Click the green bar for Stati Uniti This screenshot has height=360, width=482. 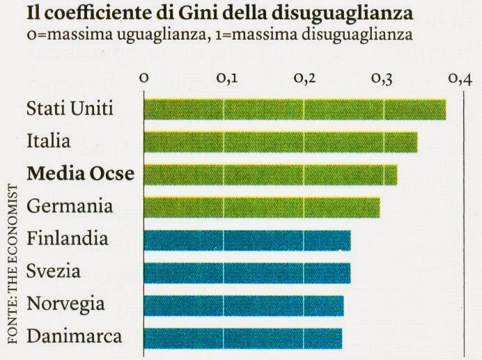coord(295,109)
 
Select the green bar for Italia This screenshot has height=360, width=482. coord(280,142)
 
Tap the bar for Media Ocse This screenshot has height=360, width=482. coord(270,174)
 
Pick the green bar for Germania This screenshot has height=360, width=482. coord(262,207)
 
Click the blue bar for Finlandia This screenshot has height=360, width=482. coord(247,240)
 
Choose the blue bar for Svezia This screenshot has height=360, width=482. coord(247,272)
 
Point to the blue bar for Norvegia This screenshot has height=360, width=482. coord(243,305)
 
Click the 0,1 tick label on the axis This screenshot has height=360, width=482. coord(225,79)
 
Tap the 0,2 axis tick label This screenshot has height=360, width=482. coord(304,79)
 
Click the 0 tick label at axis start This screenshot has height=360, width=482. coord(144,79)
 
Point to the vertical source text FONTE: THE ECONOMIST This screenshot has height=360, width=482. coord(12,265)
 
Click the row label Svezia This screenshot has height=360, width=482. coord(54,272)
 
